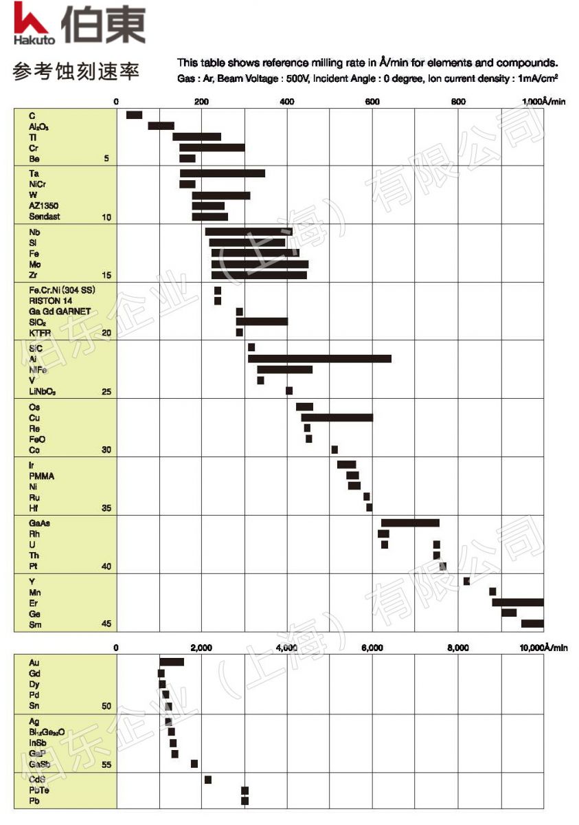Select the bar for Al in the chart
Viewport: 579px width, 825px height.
(x=319, y=359)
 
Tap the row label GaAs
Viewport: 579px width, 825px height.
(x=39, y=523)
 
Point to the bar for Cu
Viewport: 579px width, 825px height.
(x=337, y=417)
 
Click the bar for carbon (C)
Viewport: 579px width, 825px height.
(x=134, y=115)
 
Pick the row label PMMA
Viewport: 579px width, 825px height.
(x=42, y=476)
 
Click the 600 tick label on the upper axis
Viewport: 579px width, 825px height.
(x=372, y=102)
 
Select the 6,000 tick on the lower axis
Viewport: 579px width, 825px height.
(x=372, y=648)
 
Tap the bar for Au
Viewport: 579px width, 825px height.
(x=172, y=662)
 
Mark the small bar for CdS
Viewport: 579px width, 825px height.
(x=208, y=779)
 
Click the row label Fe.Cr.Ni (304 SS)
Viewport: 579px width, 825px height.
(x=62, y=290)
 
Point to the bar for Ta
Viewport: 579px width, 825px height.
(x=222, y=173)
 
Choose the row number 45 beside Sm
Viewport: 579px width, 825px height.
(x=106, y=624)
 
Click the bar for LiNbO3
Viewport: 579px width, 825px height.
(x=289, y=391)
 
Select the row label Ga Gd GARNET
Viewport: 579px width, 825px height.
(x=60, y=311)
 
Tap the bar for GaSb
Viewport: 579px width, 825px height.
(x=194, y=764)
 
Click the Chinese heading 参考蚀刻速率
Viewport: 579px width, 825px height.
(x=76, y=71)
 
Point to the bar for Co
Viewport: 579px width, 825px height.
(x=334, y=450)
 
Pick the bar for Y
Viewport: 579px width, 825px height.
(x=466, y=582)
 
